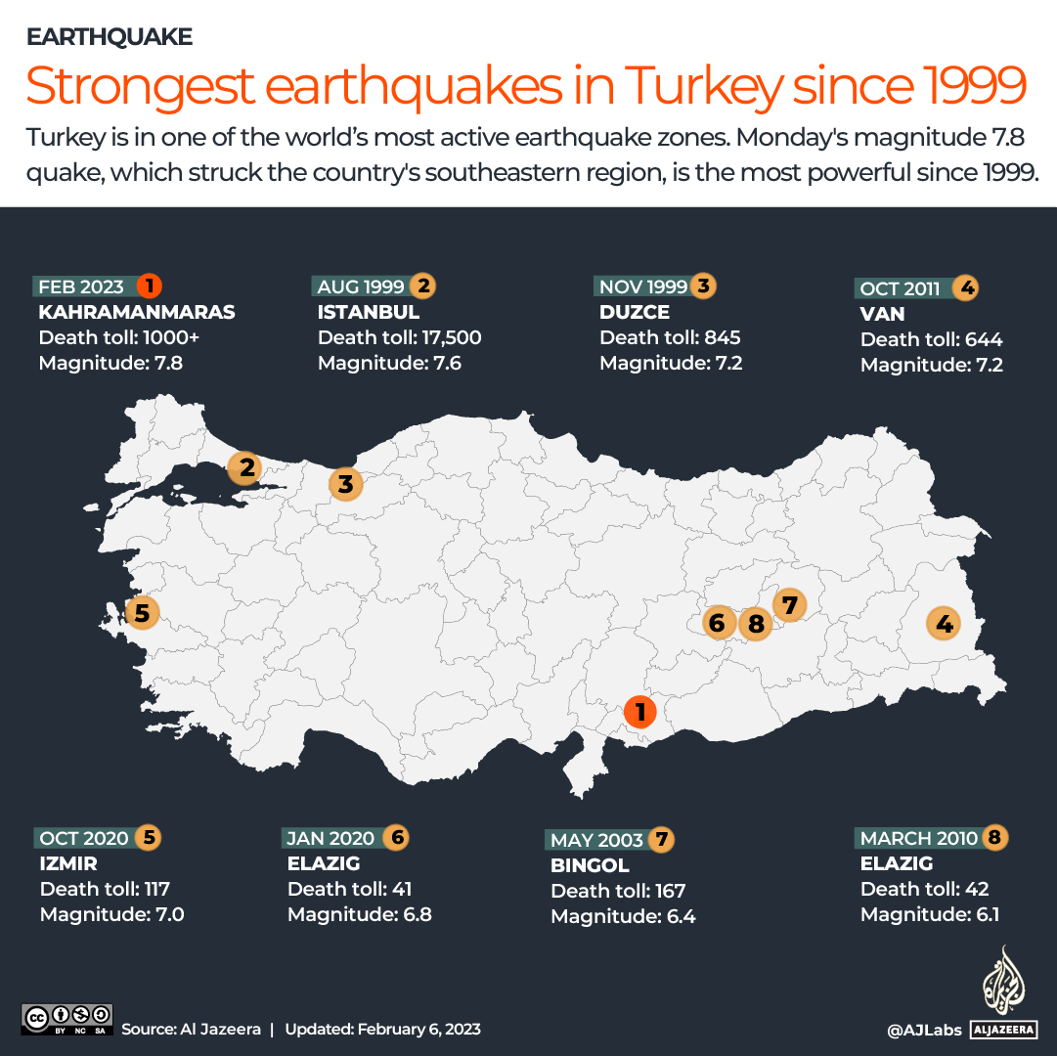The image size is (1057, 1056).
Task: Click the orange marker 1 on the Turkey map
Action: tap(640, 712)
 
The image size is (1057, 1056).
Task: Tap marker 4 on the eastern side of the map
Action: tap(944, 622)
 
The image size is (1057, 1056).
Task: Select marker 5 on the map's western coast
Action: tap(142, 613)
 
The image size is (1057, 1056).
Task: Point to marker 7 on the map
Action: tap(789, 604)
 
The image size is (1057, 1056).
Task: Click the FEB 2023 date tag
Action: tap(81, 286)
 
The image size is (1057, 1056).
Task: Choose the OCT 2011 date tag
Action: tap(900, 288)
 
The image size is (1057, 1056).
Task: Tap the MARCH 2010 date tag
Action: tap(918, 838)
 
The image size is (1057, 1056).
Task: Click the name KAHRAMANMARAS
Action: tap(137, 313)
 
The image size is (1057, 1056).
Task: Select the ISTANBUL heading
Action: tap(369, 313)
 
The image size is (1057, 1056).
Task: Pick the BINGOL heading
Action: tap(590, 865)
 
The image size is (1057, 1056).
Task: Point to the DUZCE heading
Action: tap(635, 313)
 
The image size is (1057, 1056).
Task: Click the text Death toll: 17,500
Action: tap(399, 338)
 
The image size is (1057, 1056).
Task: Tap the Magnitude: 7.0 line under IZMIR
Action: tap(111, 915)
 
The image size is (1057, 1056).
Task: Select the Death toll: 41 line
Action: tap(349, 889)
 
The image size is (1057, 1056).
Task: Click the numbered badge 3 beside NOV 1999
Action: tap(703, 286)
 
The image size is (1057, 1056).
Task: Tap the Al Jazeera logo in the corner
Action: tap(1002, 991)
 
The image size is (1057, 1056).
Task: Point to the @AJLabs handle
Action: tap(924, 1030)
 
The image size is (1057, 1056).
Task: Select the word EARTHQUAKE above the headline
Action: tap(110, 37)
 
